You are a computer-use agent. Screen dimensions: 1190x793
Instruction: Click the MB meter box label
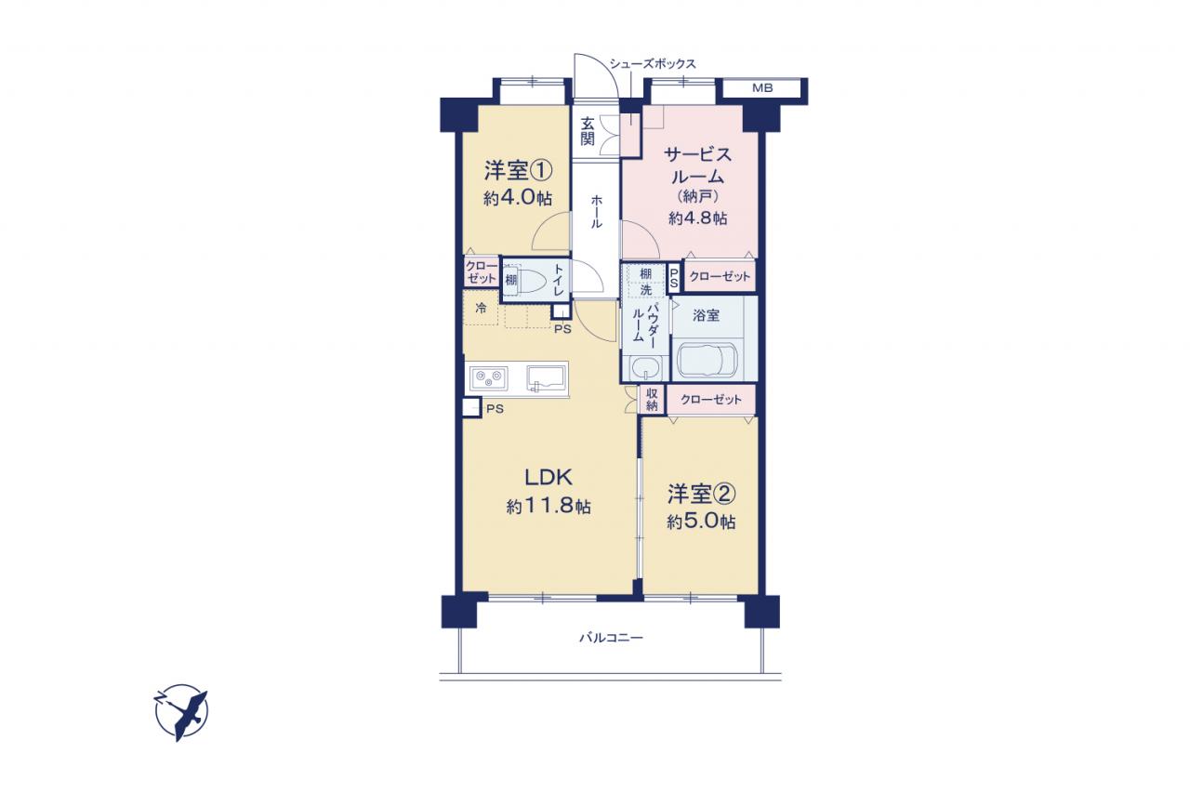(x=762, y=88)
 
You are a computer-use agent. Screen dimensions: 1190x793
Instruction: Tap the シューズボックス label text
(x=653, y=64)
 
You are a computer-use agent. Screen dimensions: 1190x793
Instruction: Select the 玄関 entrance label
(x=587, y=131)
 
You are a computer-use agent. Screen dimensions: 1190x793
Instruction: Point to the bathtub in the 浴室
(x=707, y=360)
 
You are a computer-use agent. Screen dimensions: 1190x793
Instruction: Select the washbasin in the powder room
(x=645, y=368)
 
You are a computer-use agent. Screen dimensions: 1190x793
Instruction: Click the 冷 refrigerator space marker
(x=481, y=308)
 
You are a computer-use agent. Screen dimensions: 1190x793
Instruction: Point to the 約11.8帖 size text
(x=549, y=506)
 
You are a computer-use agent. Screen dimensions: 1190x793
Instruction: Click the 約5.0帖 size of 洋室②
(x=701, y=522)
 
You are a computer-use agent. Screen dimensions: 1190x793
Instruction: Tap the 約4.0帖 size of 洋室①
(x=518, y=198)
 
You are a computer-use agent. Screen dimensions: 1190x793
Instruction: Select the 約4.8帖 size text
(x=697, y=218)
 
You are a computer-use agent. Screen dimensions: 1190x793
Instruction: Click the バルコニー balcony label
(x=611, y=638)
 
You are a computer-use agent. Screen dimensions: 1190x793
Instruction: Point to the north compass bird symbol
(x=181, y=712)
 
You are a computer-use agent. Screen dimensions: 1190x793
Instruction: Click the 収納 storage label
(x=652, y=400)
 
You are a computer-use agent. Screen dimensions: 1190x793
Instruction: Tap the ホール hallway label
(x=597, y=211)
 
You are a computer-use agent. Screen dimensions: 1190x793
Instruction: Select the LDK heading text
(x=549, y=478)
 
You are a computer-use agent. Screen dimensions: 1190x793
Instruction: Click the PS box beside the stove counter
(x=471, y=408)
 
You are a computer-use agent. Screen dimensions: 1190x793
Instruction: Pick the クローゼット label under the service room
(x=720, y=276)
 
